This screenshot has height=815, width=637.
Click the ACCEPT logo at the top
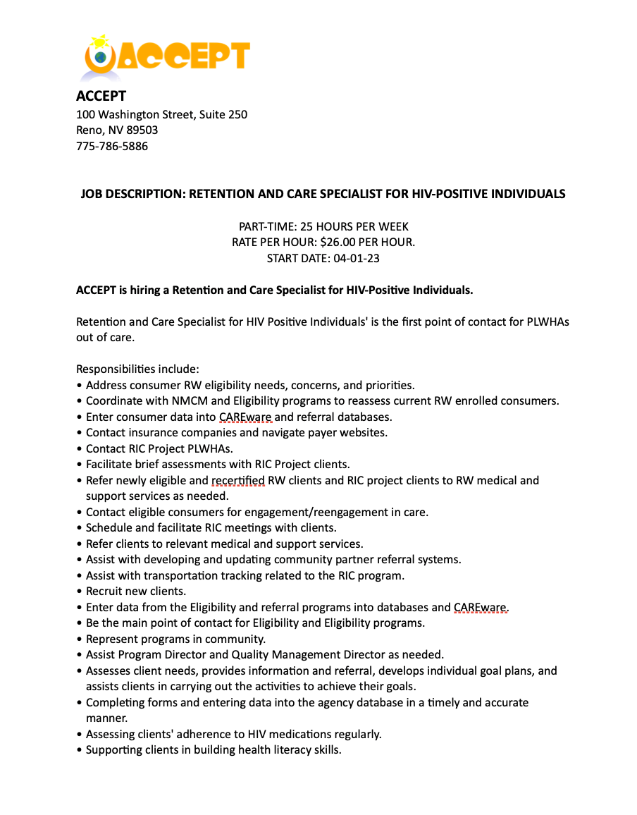(166, 56)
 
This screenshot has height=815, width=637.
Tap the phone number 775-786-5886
(112, 147)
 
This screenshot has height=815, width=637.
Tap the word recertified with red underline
(238, 481)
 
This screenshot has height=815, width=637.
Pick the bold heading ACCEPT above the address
(101, 96)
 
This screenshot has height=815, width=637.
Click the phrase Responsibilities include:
(138, 369)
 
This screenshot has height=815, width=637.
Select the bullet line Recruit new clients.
(136, 592)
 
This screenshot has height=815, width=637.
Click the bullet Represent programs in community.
(175, 639)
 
